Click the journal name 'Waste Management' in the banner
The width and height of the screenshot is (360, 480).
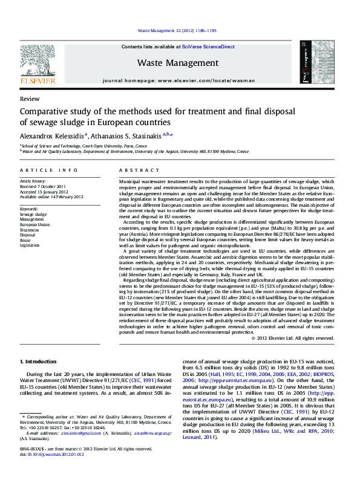pos(177,63)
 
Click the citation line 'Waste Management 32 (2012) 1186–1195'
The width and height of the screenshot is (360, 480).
pos(177,30)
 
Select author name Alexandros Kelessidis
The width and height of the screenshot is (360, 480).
pos(53,136)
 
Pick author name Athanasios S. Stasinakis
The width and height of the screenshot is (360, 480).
pos(126,136)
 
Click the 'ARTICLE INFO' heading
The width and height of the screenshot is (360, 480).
pos(48,171)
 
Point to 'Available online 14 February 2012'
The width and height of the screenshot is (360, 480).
pos(51,197)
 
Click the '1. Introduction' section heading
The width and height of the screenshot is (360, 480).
pos(40,362)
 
